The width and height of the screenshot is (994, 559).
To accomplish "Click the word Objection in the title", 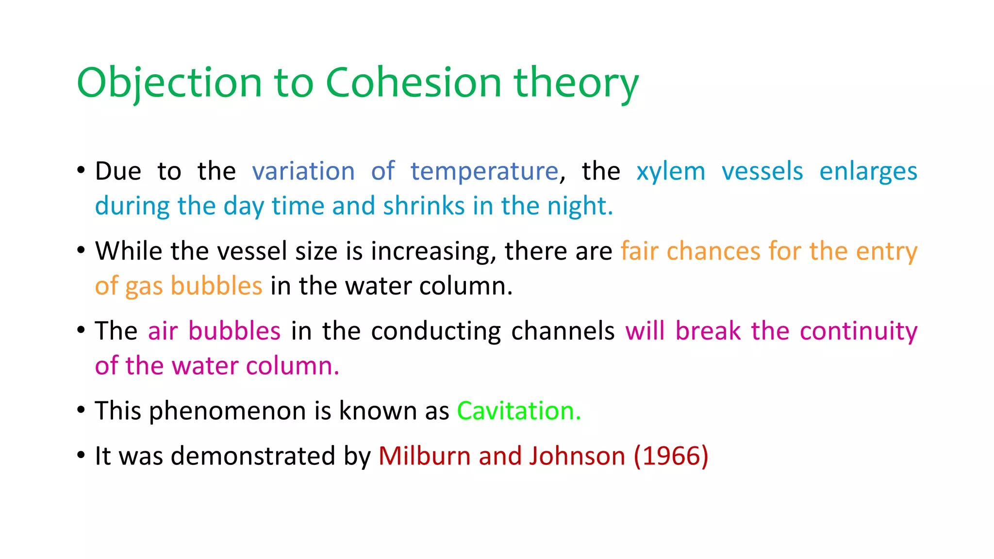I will click(x=169, y=82).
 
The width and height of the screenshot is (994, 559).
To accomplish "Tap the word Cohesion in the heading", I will click(x=413, y=82).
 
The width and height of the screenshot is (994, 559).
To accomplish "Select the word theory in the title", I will click(x=576, y=82).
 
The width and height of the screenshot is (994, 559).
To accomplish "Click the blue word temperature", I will click(x=484, y=171).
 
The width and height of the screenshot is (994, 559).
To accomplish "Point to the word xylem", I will click(x=671, y=171).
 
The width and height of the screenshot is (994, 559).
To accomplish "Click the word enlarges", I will click(x=868, y=171).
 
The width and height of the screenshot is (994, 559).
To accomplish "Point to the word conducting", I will click(x=436, y=331).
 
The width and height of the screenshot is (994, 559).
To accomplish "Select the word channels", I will click(x=563, y=331).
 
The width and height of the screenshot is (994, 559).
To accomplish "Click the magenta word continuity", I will click(x=858, y=331).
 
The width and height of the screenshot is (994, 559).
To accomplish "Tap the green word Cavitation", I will click(x=518, y=411).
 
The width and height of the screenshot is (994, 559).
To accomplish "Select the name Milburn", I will click(x=424, y=456).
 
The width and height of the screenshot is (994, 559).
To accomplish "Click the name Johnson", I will click(x=577, y=456).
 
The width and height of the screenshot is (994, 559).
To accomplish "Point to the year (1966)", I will click(x=671, y=456).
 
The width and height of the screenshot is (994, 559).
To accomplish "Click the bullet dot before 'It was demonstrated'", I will click(x=81, y=456).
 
